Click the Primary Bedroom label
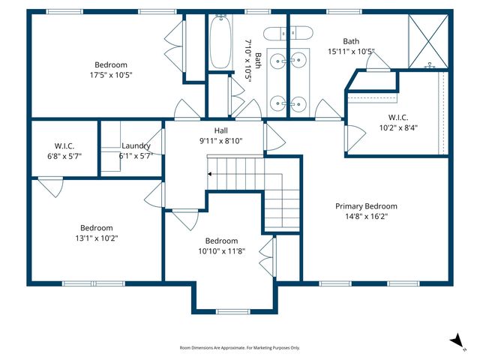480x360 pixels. click(x=366, y=206)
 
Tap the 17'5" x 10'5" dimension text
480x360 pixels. click(x=111, y=74)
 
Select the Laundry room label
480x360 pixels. click(x=136, y=145)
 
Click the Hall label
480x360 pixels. click(x=221, y=130)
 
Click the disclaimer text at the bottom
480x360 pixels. click(x=239, y=348)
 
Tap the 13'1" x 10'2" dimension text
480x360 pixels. click(x=97, y=238)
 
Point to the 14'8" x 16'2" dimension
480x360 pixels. click(x=366, y=217)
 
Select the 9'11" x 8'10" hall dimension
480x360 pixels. click(x=221, y=141)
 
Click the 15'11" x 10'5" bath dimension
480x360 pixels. click(x=351, y=52)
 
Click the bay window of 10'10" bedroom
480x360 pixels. click(x=232, y=311)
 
